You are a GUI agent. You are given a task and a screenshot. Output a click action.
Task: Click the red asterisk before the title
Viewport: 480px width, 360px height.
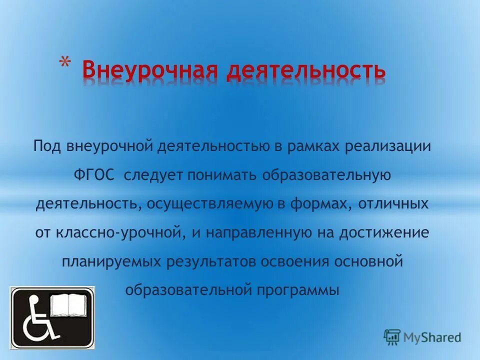tap(64, 63)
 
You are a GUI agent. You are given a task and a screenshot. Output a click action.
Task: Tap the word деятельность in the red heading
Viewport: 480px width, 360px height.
tap(305, 70)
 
